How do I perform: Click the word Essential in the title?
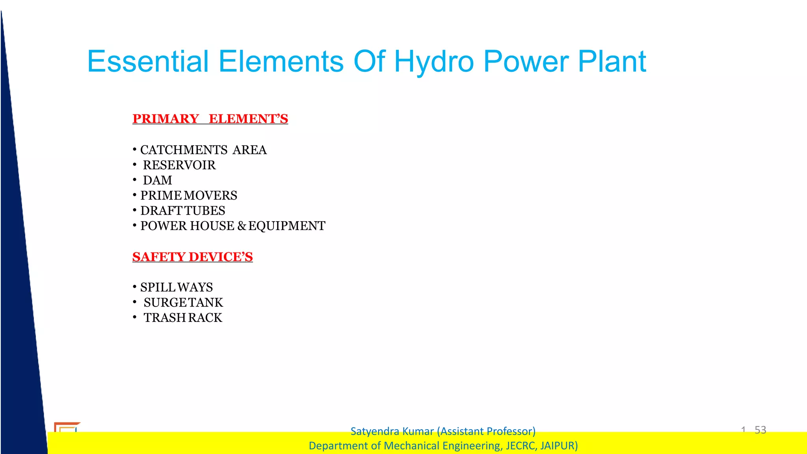pos(148,62)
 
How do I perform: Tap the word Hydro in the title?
pos(434,62)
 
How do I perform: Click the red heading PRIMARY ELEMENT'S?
pos(210,119)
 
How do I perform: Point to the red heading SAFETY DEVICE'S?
pos(192,257)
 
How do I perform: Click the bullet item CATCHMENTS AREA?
pos(203,150)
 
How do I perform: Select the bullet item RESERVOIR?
pos(179,165)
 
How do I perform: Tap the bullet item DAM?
pos(158,180)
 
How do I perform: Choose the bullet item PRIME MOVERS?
pos(189,195)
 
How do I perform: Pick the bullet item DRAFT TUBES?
pos(183,211)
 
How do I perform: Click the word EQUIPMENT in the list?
pos(287,226)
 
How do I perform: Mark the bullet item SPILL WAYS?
pos(177,287)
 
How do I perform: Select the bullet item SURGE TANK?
pos(183,303)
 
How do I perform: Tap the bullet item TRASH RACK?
pos(183,318)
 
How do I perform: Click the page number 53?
pos(760,430)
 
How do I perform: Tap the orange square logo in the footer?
pos(67,427)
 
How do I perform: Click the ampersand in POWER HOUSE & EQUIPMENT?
pos(242,226)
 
